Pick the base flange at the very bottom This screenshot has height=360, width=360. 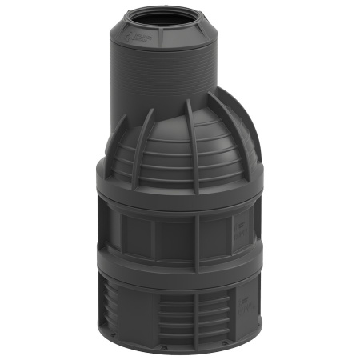click(x=180, y=353)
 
